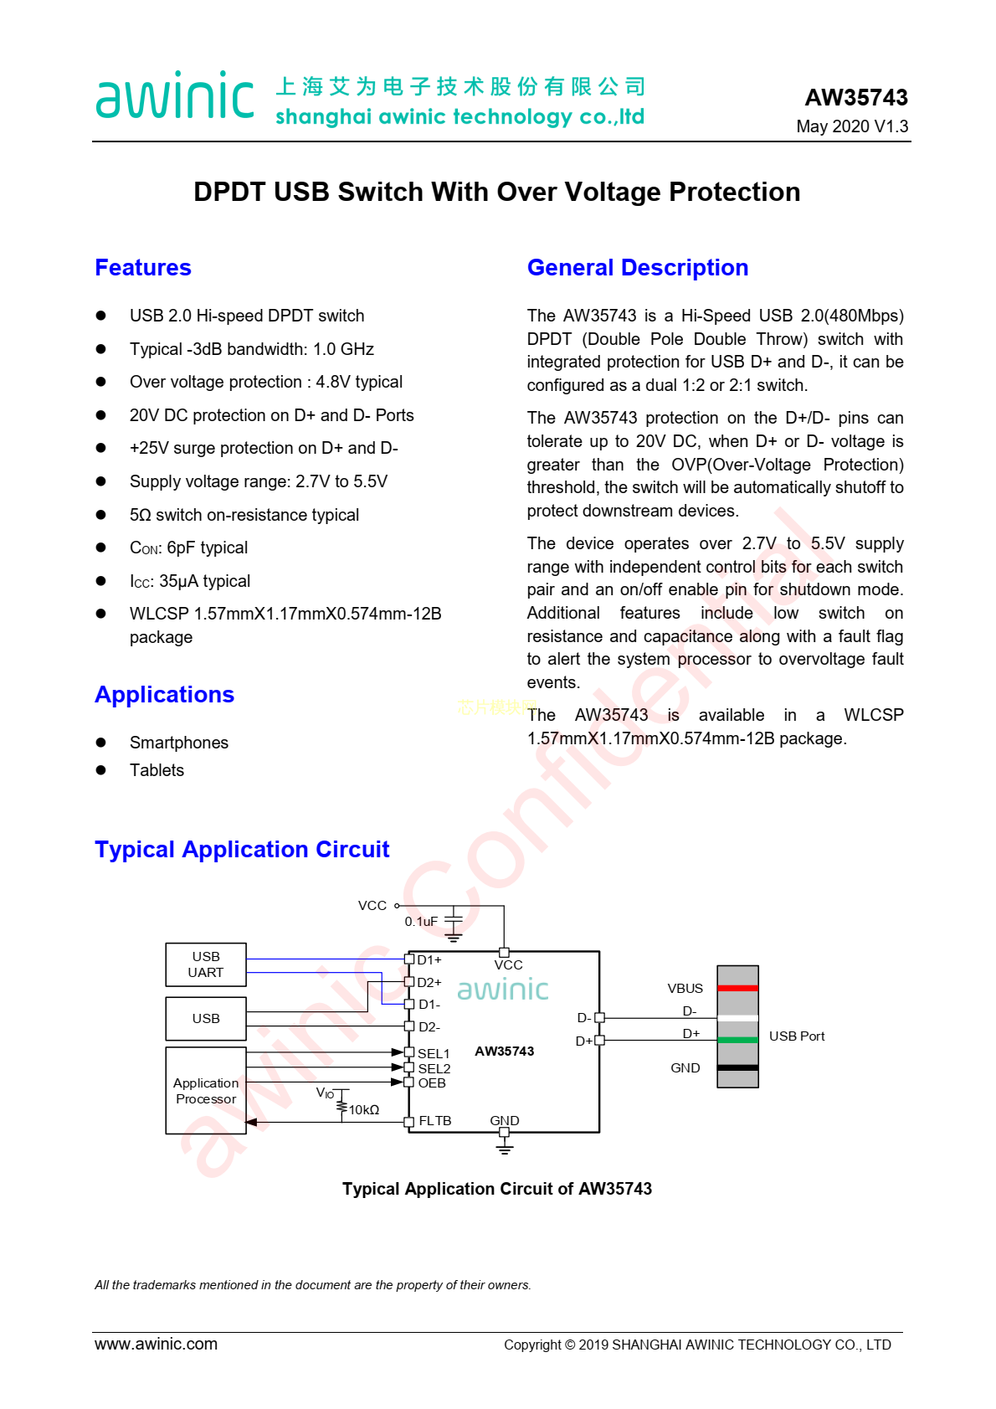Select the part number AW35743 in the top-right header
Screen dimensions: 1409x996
pyautogui.click(x=855, y=98)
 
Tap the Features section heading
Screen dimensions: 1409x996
pyautogui.click(x=143, y=268)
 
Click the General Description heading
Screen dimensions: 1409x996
pyautogui.click(x=637, y=268)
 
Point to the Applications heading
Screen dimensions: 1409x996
pyautogui.click(x=164, y=695)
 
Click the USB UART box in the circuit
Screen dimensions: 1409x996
pyautogui.click(x=206, y=964)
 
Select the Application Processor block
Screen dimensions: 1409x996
pyautogui.click(x=206, y=1090)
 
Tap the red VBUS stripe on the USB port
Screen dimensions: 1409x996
pyautogui.click(x=737, y=988)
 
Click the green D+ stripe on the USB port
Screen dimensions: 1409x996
pyautogui.click(x=737, y=1040)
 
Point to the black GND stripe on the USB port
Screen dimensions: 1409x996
pyautogui.click(x=737, y=1067)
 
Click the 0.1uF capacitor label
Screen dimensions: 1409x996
pyautogui.click(x=421, y=922)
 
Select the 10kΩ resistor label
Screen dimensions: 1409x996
pyautogui.click(x=364, y=1110)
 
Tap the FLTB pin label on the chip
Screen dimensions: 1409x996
pyautogui.click(x=434, y=1121)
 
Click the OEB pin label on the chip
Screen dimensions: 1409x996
pyautogui.click(x=432, y=1083)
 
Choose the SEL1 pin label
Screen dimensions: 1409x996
pyautogui.click(x=434, y=1053)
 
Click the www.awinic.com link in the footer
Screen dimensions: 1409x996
pyautogui.click(x=156, y=1344)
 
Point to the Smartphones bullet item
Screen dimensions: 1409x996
pyautogui.click(x=178, y=743)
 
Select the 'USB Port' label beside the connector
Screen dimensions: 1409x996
pyautogui.click(x=797, y=1036)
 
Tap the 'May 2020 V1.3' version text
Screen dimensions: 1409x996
pyautogui.click(x=852, y=126)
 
